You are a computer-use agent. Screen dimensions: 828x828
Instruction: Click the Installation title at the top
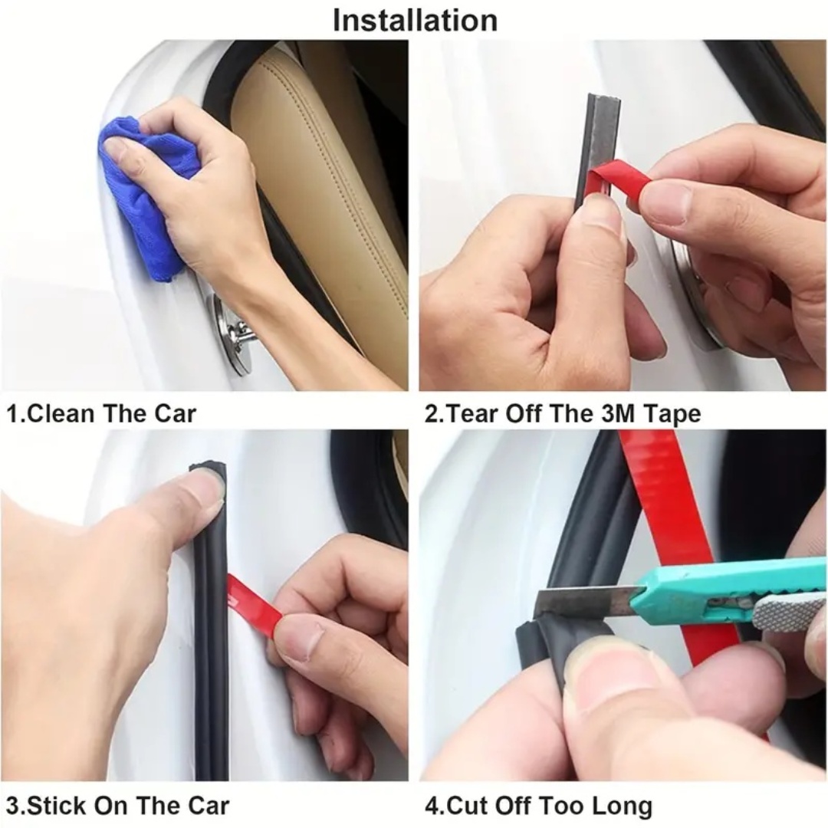coord(415,20)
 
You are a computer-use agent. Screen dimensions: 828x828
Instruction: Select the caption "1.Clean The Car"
coord(101,414)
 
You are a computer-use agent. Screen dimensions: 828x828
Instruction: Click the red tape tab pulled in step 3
coord(253,606)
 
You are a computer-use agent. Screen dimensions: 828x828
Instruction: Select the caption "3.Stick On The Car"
coord(117,806)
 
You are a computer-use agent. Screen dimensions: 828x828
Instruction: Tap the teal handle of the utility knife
coord(713,586)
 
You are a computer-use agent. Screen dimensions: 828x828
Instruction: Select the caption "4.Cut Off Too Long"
coord(538,806)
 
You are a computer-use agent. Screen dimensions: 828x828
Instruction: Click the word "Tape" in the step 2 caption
coord(672,414)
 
